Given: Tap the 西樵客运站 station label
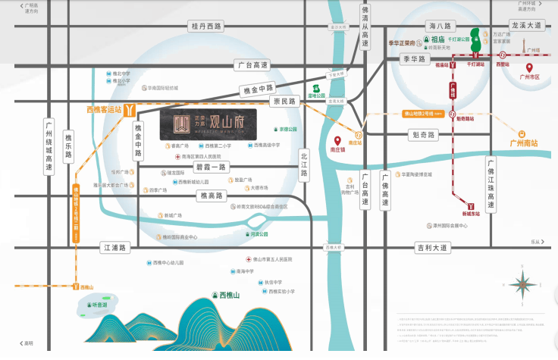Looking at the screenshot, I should tap(104, 109).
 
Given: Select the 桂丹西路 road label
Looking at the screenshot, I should tap(205, 27).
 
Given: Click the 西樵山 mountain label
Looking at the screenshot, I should tap(228, 295).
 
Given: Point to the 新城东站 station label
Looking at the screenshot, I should tap(470, 214).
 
